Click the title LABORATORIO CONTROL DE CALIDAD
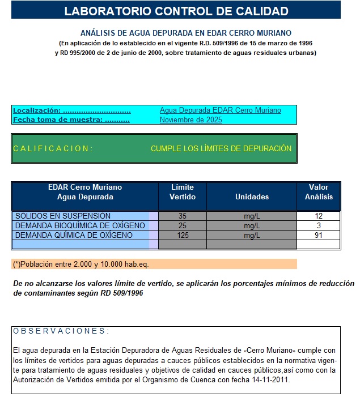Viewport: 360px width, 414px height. (176, 11)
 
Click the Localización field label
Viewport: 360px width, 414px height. (71, 110)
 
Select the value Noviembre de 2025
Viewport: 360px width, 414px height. (190, 120)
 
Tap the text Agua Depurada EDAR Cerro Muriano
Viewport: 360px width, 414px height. (220, 110)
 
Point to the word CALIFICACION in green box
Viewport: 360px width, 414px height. (52, 149)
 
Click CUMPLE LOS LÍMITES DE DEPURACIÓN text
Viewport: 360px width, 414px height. (221, 149)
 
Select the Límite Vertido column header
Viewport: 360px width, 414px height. (183, 192)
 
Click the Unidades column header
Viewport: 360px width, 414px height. (252, 197)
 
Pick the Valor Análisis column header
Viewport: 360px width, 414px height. (319, 192)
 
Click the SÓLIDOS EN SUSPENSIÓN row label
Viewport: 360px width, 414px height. (63, 216)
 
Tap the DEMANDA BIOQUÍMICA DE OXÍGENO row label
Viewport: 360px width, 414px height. (80, 226)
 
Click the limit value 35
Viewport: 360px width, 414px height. (183, 216)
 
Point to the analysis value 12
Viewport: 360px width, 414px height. (319, 216)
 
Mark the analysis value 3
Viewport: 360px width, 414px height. (319, 226)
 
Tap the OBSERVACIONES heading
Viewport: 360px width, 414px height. (61, 331)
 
